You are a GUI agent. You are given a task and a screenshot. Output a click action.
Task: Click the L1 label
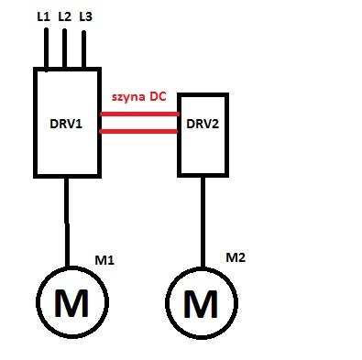pos(43,16)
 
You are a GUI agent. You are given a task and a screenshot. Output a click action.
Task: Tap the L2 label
pos(64,16)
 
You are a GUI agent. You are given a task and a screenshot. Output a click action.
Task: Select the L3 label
pos(85,16)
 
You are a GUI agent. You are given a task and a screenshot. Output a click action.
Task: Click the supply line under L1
pos(46,49)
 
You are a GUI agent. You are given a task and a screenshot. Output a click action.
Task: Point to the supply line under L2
pos(64,49)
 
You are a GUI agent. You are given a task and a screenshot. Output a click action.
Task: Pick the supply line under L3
pos(83,49)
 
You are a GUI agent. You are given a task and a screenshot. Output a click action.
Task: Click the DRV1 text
pos(66,124)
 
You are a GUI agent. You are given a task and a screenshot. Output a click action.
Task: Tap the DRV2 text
pos(203,124)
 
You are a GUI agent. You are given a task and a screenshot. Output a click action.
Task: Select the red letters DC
pos(158,96)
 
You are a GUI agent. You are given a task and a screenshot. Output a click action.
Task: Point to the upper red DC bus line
pos(139,115)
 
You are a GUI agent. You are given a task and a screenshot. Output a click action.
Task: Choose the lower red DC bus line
pos(138,132)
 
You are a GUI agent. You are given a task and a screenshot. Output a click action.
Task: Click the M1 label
pos(104,260)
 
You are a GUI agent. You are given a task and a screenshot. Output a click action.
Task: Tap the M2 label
pos(236,257)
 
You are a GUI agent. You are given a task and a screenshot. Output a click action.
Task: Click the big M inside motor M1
pos(71,302)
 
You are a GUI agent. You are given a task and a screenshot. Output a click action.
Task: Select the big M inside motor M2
pos(201,303)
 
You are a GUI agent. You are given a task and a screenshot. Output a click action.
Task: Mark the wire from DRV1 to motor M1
pos(67,222)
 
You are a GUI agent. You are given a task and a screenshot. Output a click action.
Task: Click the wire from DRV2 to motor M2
pos(203,223)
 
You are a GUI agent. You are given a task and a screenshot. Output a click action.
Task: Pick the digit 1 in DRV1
pos(79,124)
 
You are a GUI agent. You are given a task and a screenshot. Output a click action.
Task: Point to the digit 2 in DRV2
pos(215,124)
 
